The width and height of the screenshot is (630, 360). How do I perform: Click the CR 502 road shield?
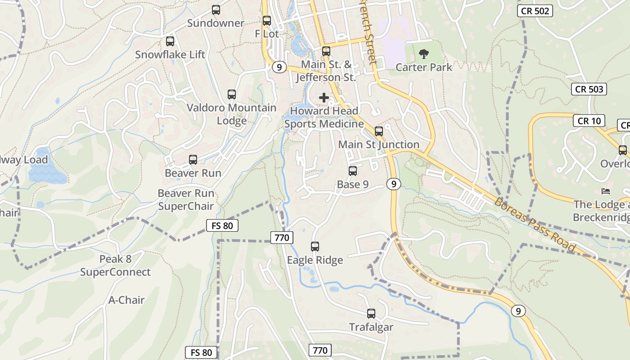(x=535, y=11)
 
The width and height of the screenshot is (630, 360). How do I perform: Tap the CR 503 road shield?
(x=589, y=89)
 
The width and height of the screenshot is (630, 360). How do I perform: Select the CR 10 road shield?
(x=589, y=121)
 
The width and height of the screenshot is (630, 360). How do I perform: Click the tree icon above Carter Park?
(x=423, y=54)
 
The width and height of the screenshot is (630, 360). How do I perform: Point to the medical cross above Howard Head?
(x=324, y=97)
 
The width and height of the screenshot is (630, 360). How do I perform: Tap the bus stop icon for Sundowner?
(x=216, y=10)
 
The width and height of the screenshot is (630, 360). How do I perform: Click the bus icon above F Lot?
(x=267, y=21)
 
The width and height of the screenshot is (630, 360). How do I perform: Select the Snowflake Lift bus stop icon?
(x=170, y=41)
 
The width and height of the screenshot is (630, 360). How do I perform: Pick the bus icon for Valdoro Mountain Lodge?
(x=232, y=94)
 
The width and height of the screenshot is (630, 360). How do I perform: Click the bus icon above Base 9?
(x=353, y=171)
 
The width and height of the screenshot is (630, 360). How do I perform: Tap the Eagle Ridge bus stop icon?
(x=315, y=247)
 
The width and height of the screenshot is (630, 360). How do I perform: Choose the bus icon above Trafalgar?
(x=371, y=314)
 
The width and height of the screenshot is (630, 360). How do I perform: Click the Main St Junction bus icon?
(x=379, y=131)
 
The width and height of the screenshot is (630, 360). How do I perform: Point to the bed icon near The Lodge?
(x=606, y=191)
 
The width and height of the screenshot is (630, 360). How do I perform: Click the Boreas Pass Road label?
(x=535, y=224)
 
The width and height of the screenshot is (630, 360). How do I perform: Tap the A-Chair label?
(x=126, y=300)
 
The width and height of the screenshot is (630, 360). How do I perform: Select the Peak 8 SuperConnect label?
(x=115, y=265)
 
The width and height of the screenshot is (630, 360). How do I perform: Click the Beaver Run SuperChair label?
(x=185, y=200)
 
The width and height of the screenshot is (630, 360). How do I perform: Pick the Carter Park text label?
(x=423, y=67)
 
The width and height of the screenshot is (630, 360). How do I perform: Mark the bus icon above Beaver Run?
(x=193, y=160)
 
